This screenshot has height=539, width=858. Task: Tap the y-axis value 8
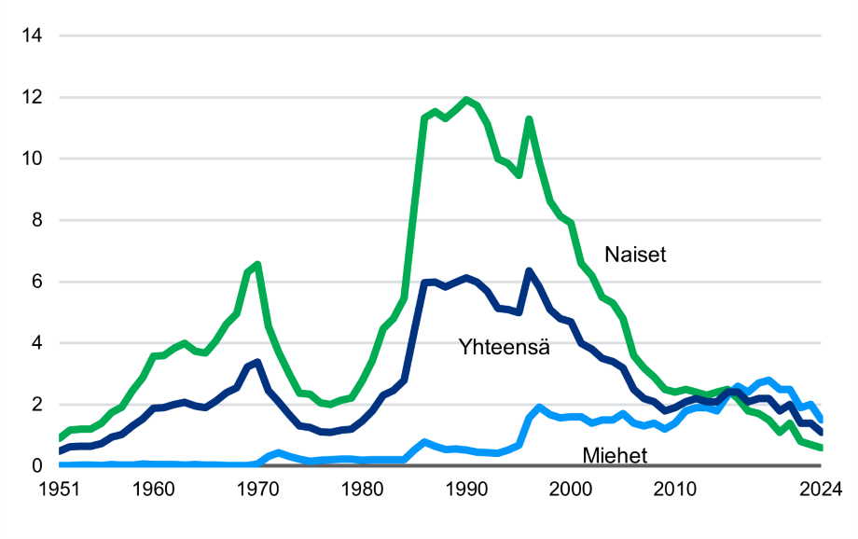[37, 220]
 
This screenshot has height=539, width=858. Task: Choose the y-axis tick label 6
[37, 282]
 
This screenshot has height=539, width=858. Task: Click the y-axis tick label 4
[37, 343]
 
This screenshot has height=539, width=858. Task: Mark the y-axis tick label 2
[37, 405]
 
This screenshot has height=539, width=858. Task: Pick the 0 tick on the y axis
[37, 465]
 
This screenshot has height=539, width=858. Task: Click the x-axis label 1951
[60, 488]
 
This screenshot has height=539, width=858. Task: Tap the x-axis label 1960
[154, 488]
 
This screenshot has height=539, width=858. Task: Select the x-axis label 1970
[258, 488]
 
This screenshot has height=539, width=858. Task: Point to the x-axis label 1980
[363, 488]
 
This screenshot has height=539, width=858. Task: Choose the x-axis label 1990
[467, 488]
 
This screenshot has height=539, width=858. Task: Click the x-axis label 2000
[572, 488]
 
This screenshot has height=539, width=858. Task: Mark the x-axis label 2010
[676, 488]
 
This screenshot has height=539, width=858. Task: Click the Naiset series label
[635, 255]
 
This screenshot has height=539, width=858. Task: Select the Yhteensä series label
[504, 347]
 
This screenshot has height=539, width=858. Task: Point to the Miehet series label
[615, 455]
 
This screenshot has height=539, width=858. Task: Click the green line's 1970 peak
[257, 265]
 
